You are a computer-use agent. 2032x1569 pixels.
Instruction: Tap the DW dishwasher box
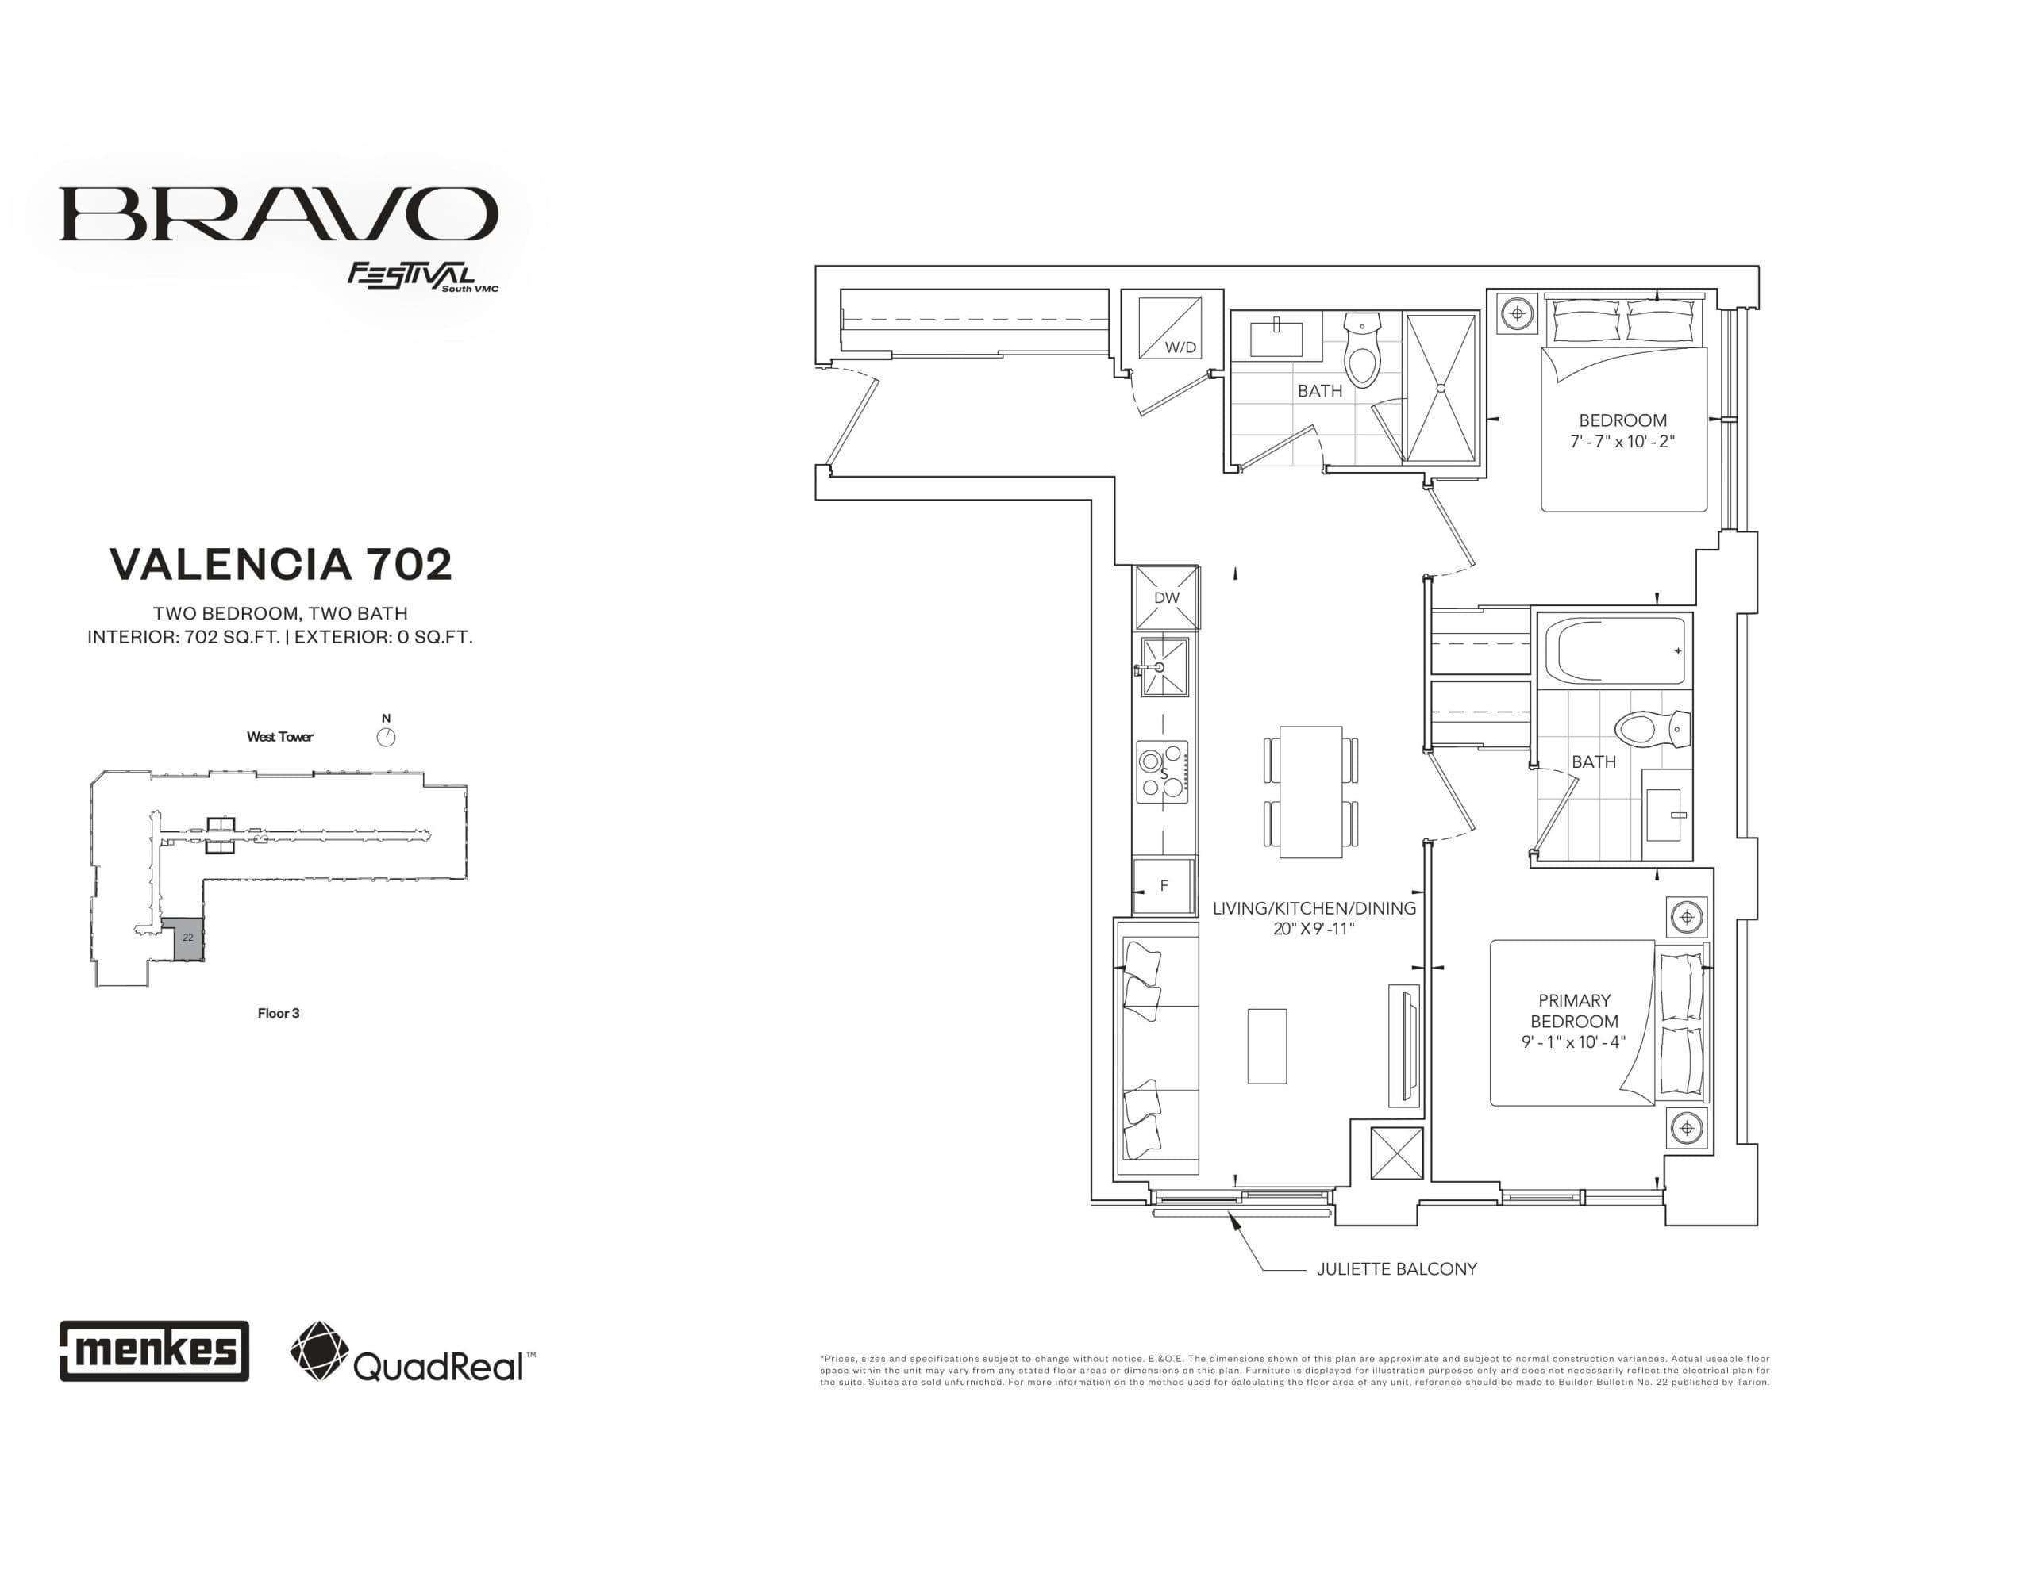1166,598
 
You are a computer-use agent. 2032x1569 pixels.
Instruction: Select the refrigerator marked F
1163,886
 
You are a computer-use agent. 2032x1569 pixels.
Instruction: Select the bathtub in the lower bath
1614,650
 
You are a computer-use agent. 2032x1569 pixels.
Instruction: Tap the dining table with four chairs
1310,792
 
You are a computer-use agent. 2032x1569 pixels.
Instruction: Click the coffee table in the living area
1266,1046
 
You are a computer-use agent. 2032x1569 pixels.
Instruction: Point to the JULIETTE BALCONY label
1395,1268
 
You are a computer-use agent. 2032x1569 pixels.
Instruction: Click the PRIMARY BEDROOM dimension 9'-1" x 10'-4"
1573,1042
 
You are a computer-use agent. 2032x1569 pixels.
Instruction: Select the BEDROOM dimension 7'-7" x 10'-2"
1622,442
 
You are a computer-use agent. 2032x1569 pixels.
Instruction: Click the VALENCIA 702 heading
281,564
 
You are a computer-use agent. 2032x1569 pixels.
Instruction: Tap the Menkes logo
155,1350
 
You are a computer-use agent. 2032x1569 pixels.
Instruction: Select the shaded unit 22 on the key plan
189,939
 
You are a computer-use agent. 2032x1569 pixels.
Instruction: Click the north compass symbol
386,738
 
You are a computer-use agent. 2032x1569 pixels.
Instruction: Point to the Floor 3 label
278,1013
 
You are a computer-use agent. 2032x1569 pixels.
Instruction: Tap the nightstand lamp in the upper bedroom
1518,313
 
